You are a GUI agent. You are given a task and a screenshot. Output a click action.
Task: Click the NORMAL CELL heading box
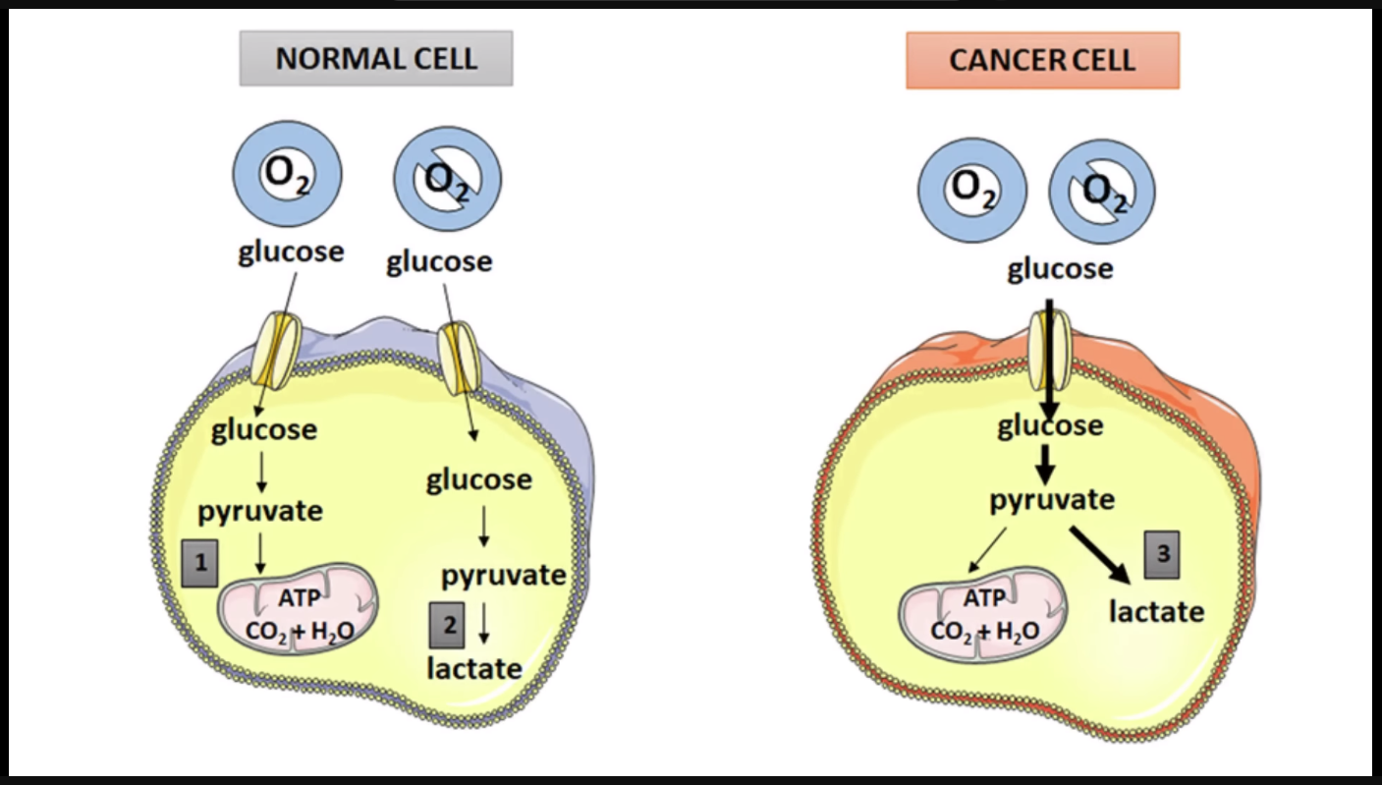coord(376,58)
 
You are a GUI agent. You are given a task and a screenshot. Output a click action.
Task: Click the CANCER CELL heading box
coord(1042,60)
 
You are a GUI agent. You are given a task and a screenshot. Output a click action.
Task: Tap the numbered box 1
coord(199,563)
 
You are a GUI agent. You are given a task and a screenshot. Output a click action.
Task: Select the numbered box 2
coord(447,624)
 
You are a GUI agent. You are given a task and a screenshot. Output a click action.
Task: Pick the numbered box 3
coord(1163,554)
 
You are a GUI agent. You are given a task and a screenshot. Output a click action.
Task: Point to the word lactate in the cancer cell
coord(1156,611)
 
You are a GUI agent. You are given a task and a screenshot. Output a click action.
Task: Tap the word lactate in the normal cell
coord(473,668)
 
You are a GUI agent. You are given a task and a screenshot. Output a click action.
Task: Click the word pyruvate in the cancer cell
coord(1051,500)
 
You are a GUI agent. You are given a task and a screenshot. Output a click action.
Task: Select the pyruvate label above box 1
coord(260,511)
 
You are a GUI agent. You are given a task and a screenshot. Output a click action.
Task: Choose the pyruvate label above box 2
coord(503,575)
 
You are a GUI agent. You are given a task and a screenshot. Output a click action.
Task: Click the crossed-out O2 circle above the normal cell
coord(448,180)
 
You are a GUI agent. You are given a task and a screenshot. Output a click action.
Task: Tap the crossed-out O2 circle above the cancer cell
coord(1102,191)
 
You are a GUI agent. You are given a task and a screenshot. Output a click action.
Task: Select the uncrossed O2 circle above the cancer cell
coord(971,190)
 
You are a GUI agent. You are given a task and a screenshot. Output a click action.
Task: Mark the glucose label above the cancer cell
coord(1060,268)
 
